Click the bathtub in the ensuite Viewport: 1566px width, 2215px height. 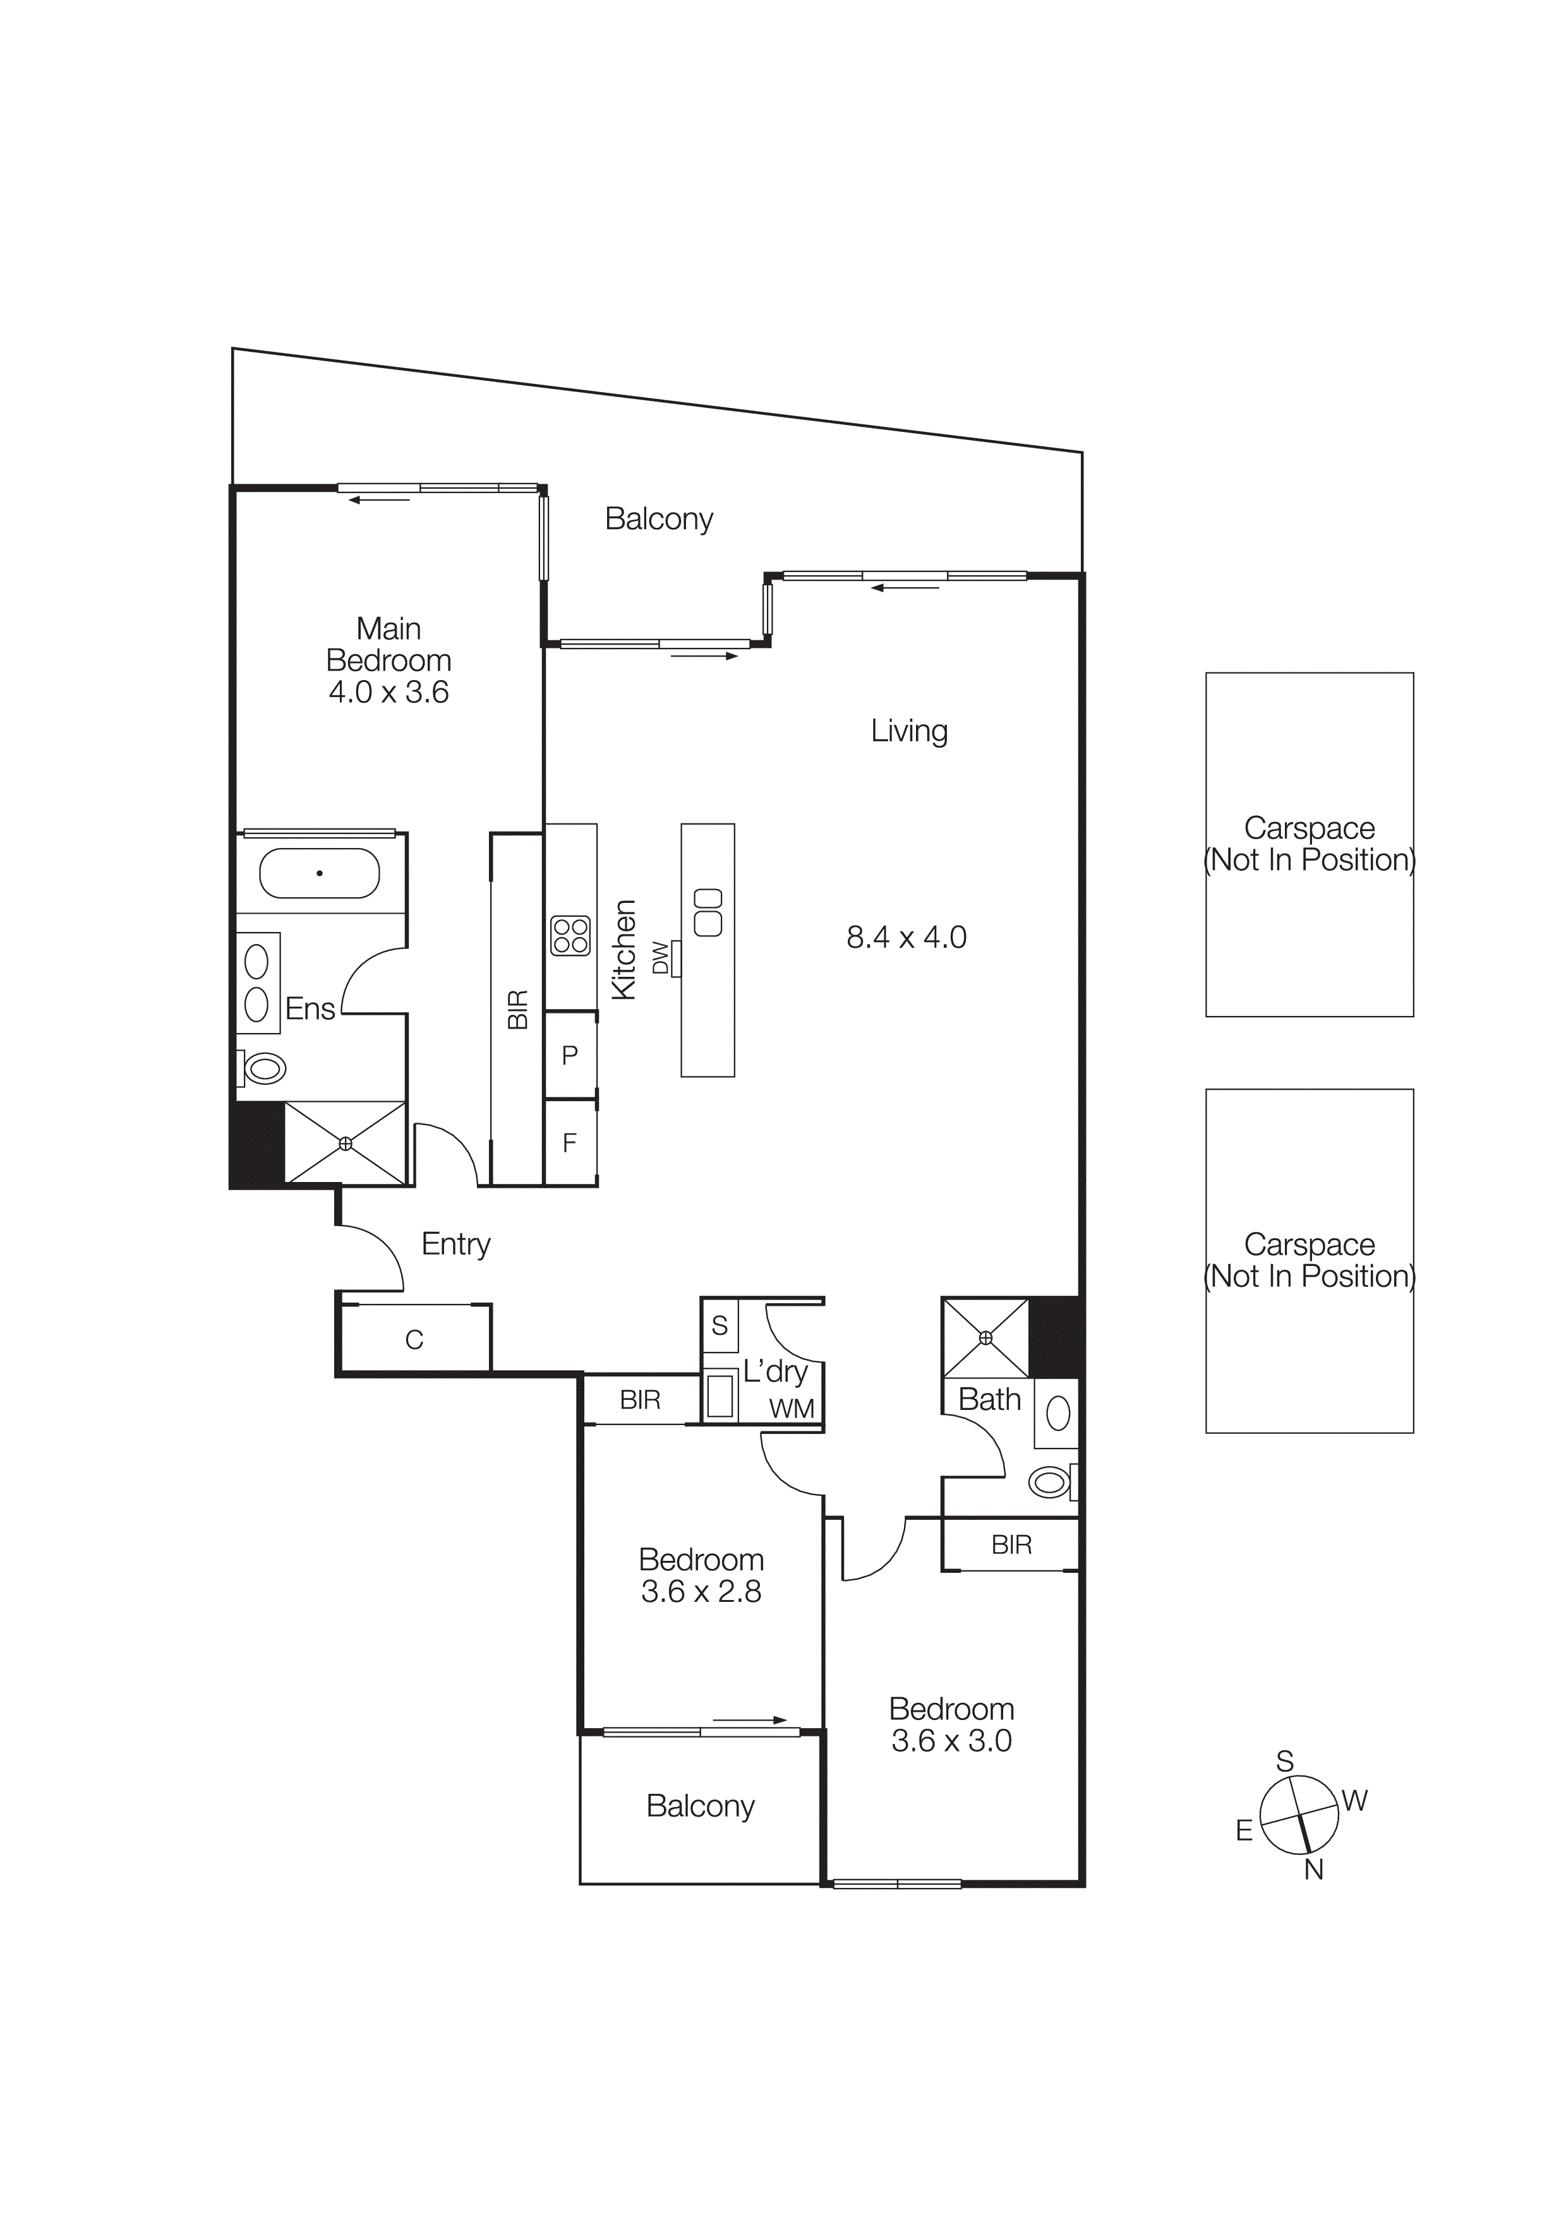click(x=320, y=873)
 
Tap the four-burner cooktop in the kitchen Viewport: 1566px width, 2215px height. click(x=570, y=936)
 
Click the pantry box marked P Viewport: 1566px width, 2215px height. click(x=570, y=1055)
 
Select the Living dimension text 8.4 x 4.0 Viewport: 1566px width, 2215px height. click(x=906, y=937)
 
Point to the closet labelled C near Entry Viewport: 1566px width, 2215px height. click(x=414, y=1339)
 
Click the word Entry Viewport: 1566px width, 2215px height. click(x=455, y=1245)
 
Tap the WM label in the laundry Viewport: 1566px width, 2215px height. click(x=791, y=1409)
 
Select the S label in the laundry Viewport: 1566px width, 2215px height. click(x=720, y=1325)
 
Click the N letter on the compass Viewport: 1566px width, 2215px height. click(x=1313, y=1870)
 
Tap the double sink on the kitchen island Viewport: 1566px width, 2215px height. click(x=708, y=912)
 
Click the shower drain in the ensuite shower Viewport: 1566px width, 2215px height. click(x=346, y=1143)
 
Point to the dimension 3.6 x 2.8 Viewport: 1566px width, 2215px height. click(x=701, y=1592)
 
